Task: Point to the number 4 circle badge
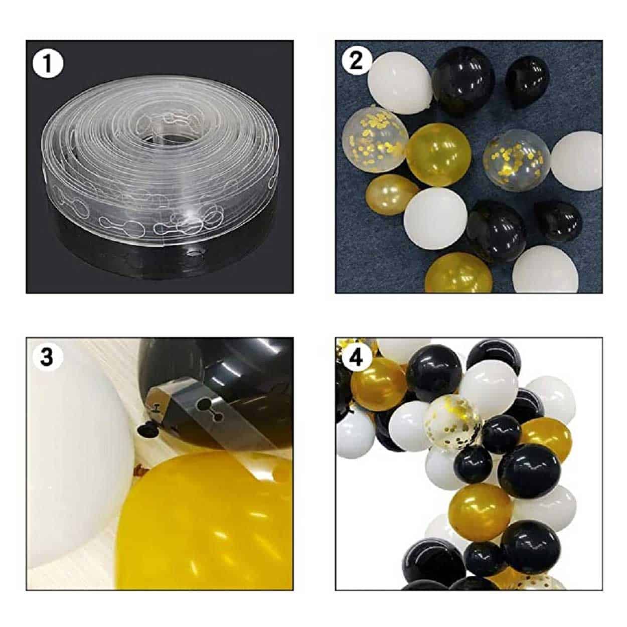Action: [x=356, y=359]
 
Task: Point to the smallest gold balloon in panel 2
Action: [x=392, y=195]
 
